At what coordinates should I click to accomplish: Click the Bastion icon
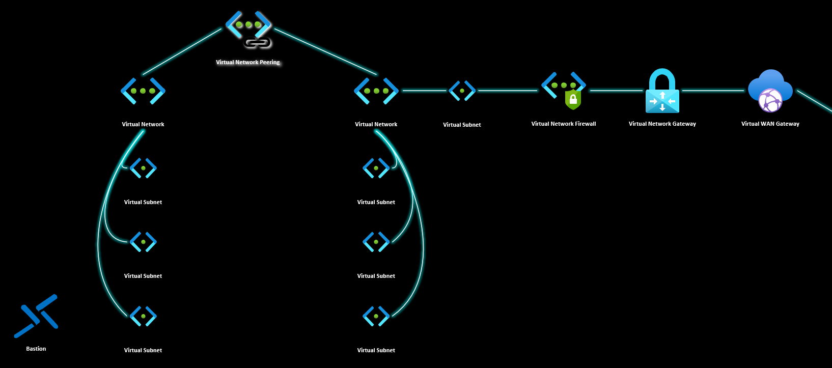pos(36,316)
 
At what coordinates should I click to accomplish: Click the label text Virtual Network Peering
pos(248,62)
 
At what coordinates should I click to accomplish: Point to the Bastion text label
pos(36,349)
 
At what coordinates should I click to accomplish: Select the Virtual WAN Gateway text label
pos(770,124)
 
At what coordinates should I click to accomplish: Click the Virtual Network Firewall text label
pos(563,124)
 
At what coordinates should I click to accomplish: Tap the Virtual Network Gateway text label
pos(662,124)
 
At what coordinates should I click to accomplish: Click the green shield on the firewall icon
pos(573,100)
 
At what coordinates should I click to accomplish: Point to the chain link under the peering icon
pos(258,43)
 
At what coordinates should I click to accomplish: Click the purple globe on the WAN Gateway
pos(770,100)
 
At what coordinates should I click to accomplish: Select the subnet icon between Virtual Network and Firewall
pos(462,91)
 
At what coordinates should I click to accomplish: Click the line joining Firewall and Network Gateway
pos(616,91)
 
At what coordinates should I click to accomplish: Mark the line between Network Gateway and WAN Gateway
pos(713,91)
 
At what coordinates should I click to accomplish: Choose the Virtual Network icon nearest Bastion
pos(143,91)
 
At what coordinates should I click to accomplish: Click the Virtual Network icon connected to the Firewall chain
pos(376,91)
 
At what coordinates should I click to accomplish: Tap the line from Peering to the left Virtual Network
pos(182,52)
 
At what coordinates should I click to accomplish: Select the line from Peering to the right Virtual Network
pos(326,52)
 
